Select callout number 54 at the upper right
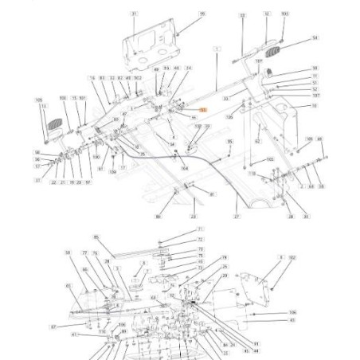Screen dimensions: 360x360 tap(314, 38)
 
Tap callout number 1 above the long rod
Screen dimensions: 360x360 tap(216, 49)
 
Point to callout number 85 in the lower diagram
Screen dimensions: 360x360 tap(96, 237)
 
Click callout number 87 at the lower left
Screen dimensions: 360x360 tap(53, 327)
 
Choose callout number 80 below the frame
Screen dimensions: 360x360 tap(158, 217)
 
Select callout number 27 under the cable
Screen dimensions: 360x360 tap(237, 217)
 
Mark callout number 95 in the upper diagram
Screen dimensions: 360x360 tap(229, 142)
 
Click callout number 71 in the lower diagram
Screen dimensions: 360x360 tap(200, 229)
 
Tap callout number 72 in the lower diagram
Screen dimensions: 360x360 tap(200, 239)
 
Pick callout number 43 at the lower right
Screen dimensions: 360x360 tap(292, 320)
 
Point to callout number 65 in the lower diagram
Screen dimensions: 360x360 tap(68, 284)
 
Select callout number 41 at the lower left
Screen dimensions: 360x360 tap(74, 335)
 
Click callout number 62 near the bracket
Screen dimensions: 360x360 tap(257, 141)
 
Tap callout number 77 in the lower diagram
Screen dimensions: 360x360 tap(84, 252)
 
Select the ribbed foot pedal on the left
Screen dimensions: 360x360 tap(55, 126)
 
